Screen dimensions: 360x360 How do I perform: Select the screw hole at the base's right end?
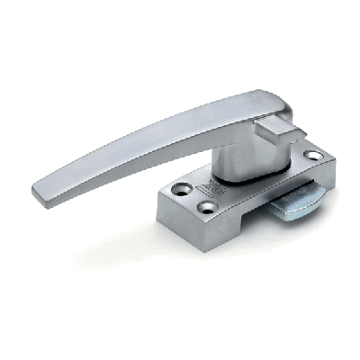pyautogui.click(x=312, y=156)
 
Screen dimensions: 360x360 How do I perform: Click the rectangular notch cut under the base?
pyautogui.click(x=243, y=236)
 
